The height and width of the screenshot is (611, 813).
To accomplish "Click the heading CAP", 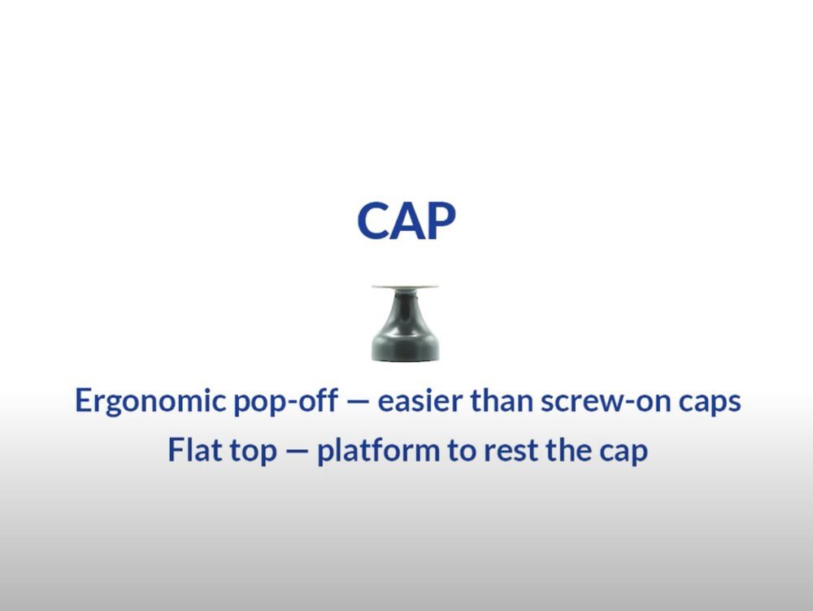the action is click(x=406, y=220).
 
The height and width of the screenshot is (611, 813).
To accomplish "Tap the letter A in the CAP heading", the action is click(x=407, y=221).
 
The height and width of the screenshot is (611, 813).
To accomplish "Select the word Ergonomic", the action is click(x=150, y=402).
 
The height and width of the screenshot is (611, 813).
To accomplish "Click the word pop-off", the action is click(x=285, y=402).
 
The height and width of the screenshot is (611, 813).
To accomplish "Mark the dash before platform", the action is click(x=297, y=451).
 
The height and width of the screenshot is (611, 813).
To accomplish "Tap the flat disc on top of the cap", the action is click(x=405, y=286).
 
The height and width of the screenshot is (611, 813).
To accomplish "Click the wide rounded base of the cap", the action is click(x=406, y=347).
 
